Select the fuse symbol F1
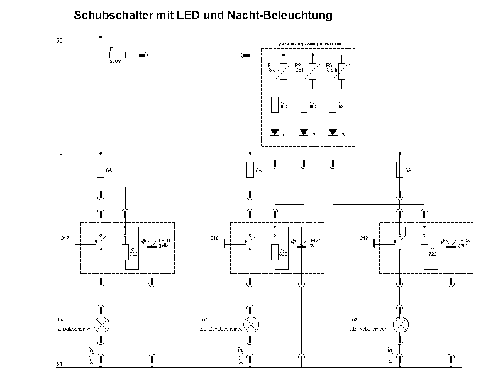(x=116, y=55)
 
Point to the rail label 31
(x=59, y=364)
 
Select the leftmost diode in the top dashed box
(x=275, y=133)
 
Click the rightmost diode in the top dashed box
(x=333, y=133)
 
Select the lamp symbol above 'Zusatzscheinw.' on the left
(x=101, y=325)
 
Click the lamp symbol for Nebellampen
(x=400, y=325)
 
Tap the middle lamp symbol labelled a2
(x=251, y=325)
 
